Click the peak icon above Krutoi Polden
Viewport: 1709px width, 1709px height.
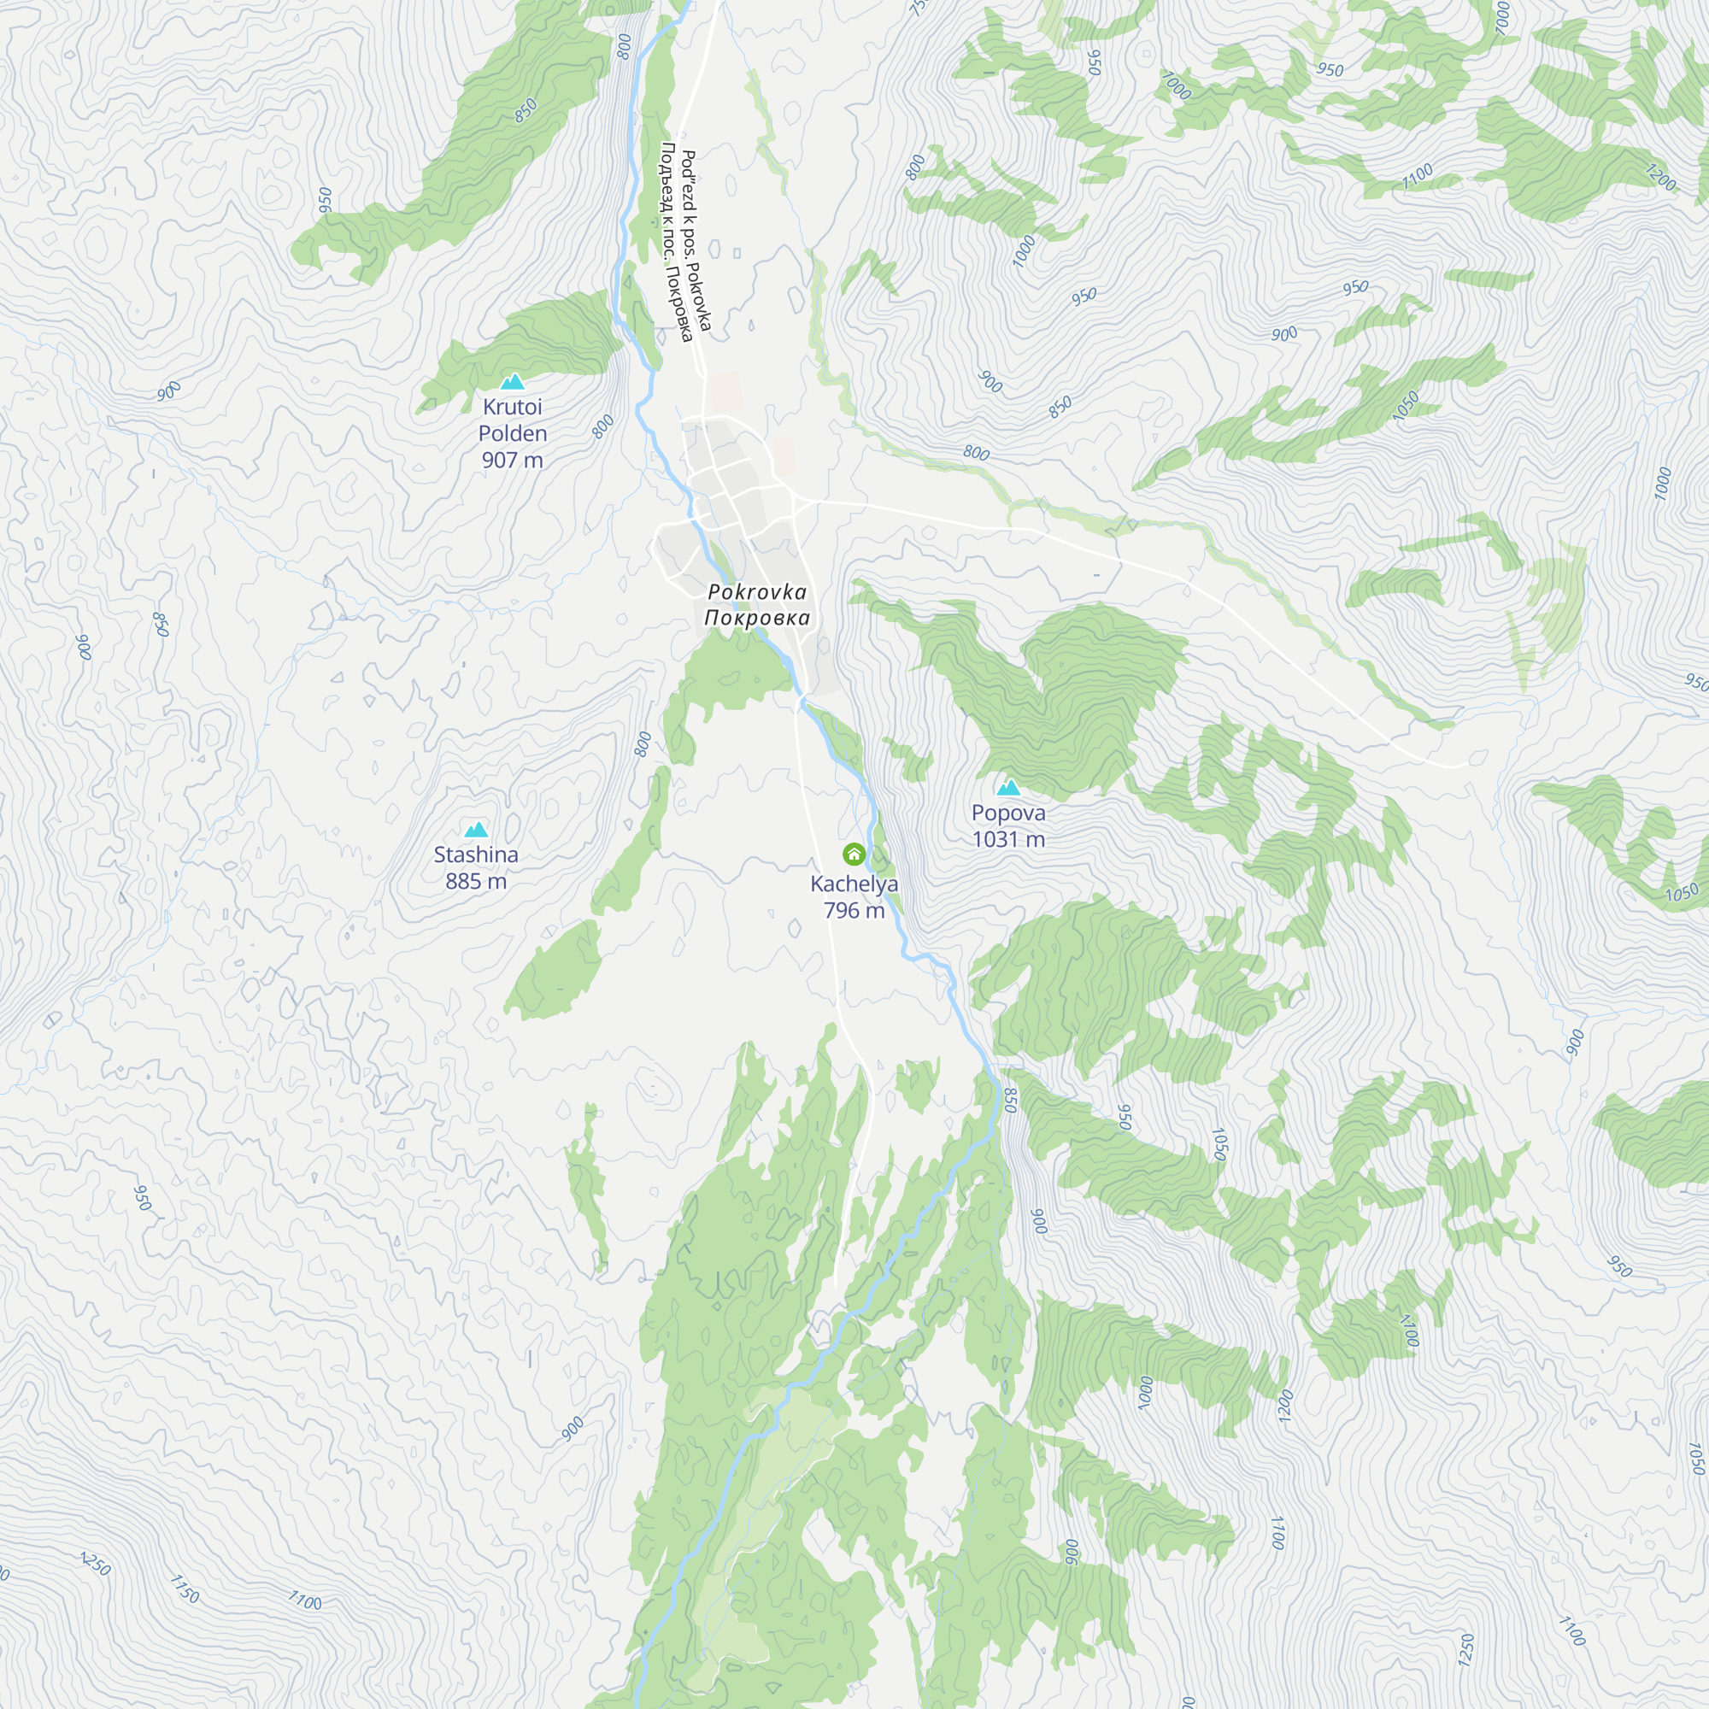(x=512, y=381)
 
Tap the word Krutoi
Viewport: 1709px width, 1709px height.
(x=512, y=407)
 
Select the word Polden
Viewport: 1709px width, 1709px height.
(x=512, y=433)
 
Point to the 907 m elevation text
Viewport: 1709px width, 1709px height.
(x=512, y=460)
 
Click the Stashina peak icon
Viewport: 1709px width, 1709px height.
(x=476, y=829)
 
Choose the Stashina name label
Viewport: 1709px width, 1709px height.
(x=476, y=854)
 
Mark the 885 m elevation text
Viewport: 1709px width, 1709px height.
(x=476, y=881)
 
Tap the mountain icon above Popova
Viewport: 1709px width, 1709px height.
(x=1008, y=787)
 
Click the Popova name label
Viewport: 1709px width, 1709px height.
(x=1008, y=813)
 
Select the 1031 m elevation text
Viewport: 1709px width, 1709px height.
(x=1008, y=839)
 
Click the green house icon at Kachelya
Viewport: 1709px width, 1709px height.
(x=854, y=854)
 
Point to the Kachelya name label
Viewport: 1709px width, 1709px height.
(x=854, y=884)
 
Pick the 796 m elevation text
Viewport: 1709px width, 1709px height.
(x=854, y=910)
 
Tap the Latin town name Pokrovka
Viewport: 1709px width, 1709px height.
(x=757, y=592)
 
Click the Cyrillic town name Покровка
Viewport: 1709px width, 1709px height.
(x=757, y=618)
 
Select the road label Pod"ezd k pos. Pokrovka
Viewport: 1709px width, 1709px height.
(x=696, y=241)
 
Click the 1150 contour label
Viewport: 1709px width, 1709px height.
(x=185, y=1588)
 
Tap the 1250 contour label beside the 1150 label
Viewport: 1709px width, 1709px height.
(x=96, y=1564)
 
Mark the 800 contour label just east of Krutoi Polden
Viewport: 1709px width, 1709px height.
(x=603, y=426)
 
